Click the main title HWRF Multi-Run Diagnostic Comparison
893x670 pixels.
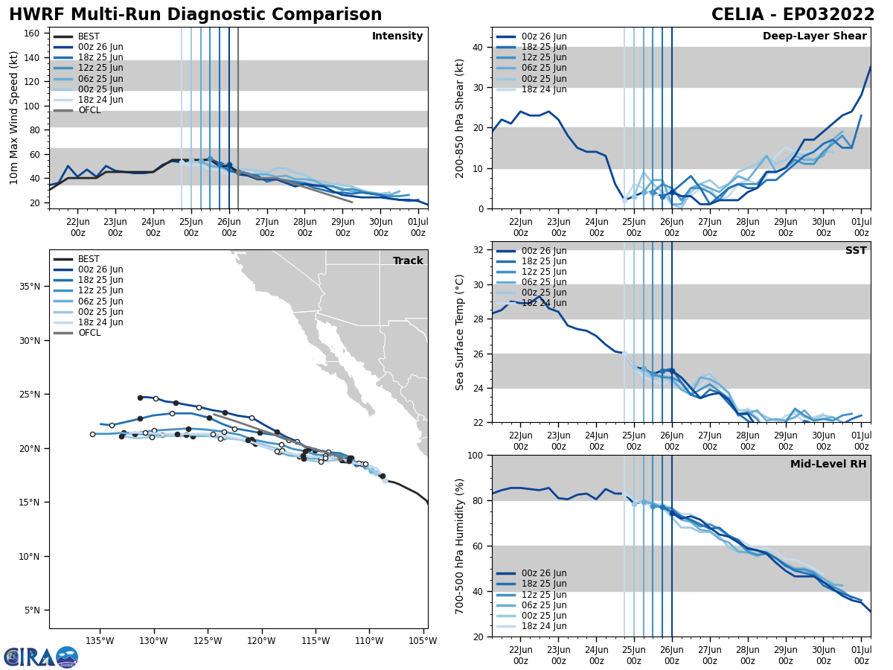(195, 15)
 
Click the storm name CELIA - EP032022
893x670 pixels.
(793, 15)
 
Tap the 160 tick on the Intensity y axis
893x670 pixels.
(34, 33)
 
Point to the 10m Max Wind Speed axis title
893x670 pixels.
(14, 118)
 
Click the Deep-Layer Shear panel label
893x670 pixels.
(814, 36)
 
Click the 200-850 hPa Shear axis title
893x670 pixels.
(459, 118)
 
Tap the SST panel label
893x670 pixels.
(855, 251)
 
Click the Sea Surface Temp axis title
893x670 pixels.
(459, 332)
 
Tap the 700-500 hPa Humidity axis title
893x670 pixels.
(459, 546)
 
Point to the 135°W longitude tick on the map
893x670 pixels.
(100, 640)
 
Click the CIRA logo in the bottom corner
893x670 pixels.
(41, 657)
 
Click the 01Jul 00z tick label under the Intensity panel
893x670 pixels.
(418, 226)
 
